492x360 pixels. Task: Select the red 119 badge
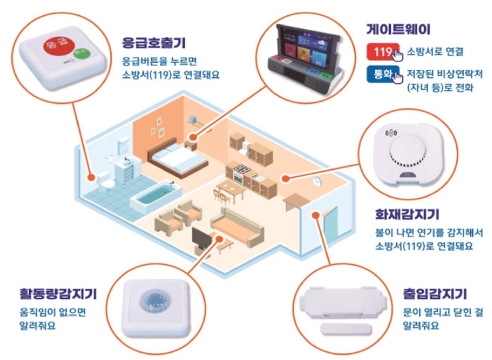382,52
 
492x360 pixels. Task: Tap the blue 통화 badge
382,75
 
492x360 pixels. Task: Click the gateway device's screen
302,45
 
